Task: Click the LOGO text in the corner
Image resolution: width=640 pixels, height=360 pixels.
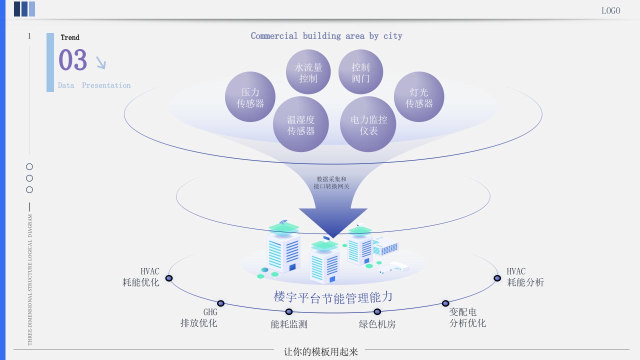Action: click(610, 10)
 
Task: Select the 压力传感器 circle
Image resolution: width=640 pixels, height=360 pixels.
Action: click(250, 97)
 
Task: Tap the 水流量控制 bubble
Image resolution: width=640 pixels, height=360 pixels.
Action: click(308, 72)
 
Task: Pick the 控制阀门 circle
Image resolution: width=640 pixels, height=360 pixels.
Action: click(360, 72)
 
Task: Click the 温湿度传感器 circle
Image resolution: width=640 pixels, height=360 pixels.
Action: click(301, 125)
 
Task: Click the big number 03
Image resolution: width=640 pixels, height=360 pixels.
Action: click(73, 60)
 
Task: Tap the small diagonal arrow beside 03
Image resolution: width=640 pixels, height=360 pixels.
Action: click(100, 62)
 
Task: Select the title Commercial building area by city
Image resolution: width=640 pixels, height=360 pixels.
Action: click(326, 36)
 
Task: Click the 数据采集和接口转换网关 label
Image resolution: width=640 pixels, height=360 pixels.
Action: click(331, 182)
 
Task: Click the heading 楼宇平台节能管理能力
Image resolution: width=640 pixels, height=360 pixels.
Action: click(333, 297)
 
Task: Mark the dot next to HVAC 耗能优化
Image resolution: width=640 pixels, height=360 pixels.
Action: click(169, 278)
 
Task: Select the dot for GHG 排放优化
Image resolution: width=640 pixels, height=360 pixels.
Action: click(220, 303)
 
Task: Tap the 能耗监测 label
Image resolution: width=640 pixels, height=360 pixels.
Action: click(289, 324)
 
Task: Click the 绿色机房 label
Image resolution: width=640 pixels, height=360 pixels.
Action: click(377, 324)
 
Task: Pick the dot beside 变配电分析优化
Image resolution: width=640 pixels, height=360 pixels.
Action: click(445, 303)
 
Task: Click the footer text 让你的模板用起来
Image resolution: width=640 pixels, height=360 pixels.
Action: click(321, 351)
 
